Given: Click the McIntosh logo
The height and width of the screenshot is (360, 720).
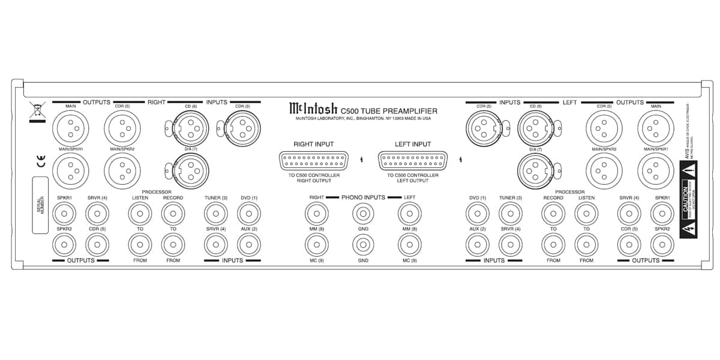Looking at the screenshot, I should tap(313, 109).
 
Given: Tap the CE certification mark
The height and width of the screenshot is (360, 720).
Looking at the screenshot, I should tap(37, 161).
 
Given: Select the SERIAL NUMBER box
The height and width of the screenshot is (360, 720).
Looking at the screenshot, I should tap(40, 205).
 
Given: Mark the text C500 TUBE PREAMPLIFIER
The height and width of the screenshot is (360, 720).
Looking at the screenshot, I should tap(389, 110).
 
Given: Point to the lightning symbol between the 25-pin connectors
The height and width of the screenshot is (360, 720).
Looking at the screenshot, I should tap(362, 160).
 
